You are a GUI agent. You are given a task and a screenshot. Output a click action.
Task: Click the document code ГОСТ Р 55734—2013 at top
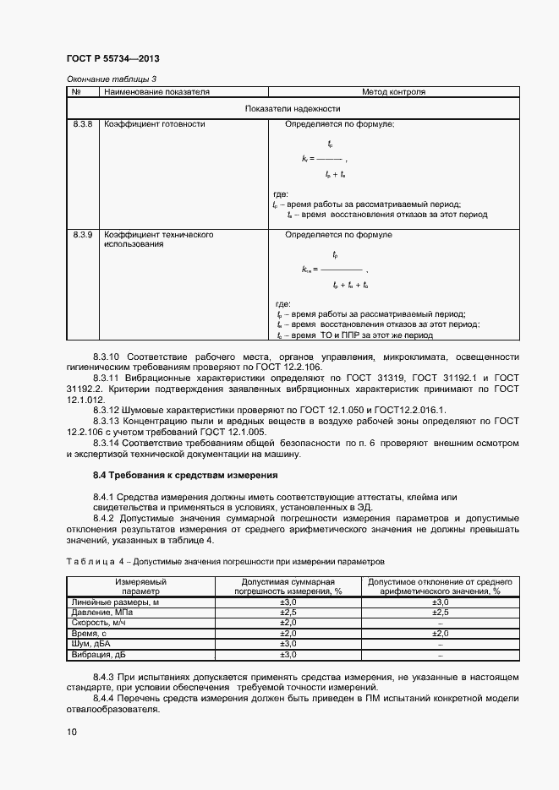pyautogui.click(x=112, y=59)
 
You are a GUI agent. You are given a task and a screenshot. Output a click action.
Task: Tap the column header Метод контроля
pyautogui.click(x=393, y=91)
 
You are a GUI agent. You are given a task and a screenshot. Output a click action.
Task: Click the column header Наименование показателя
pyautogui.click(x=156, y=91)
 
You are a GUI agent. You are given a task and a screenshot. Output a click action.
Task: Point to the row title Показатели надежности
pyautogui.click(x=293, y=108)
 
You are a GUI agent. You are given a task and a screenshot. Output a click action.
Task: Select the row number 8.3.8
pyautogui.click(x=82, y=124)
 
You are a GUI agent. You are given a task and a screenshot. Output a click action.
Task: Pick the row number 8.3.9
pyautogui.click(x=82, y=234)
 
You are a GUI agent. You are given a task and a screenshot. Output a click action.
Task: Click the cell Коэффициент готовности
pyautogui.click(x=154, y=124)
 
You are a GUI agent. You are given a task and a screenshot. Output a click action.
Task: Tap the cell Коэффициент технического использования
pyautogui.click(x=157, y=239)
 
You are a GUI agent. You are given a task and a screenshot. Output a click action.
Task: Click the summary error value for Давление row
pyautogui.click(x=289, y=612)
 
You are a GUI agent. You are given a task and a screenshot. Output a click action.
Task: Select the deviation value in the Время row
pyautogui.click(x=440, y=633)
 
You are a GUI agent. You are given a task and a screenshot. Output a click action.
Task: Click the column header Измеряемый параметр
pyautogui.click(x=141, y=586)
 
